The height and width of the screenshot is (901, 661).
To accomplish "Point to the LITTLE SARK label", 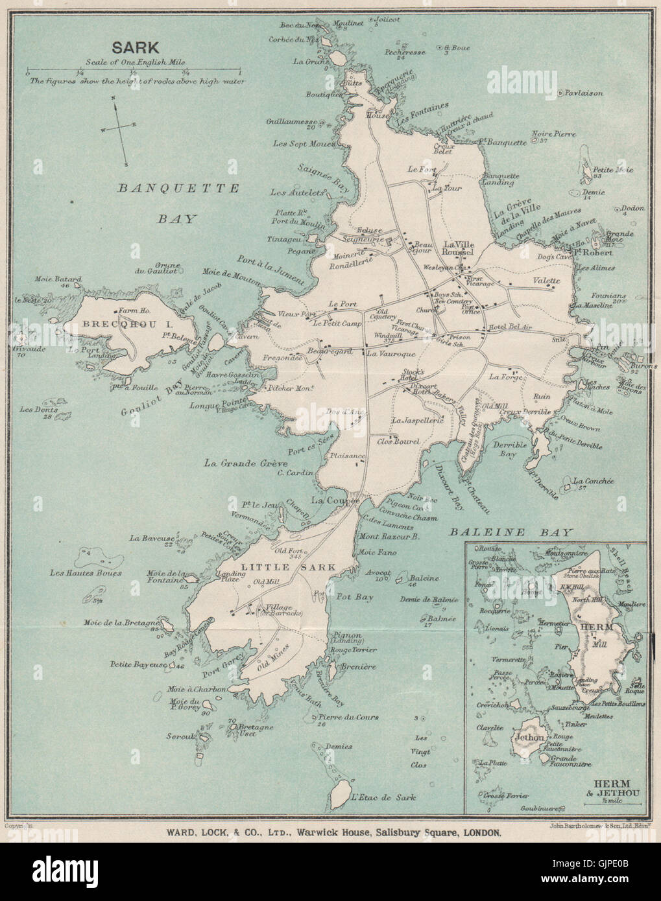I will [289, 567].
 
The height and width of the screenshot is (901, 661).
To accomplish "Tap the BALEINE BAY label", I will [512, 532].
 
